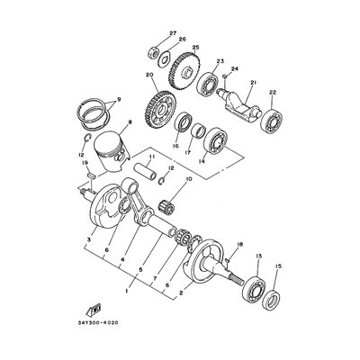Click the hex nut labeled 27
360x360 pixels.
tap(153, 54)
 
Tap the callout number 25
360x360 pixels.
tap(195, 48)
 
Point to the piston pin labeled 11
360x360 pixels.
tap(147, 171)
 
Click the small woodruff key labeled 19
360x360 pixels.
tap(91, 175)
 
